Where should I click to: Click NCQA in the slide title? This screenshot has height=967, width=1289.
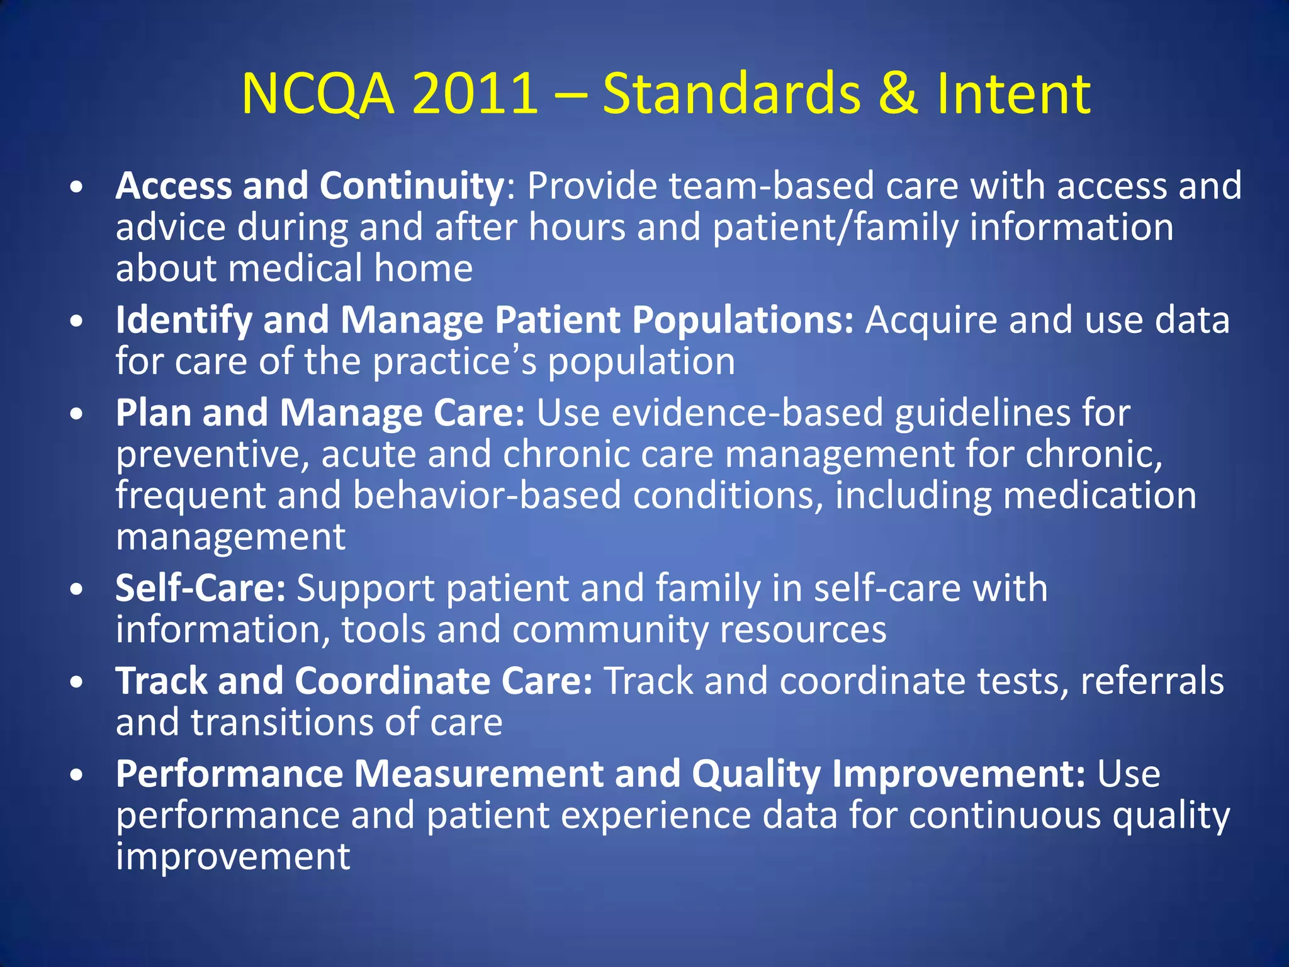tap(318, 94)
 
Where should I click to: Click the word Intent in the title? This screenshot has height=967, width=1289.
tap(1013, 94)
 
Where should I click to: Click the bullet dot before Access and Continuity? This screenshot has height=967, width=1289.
tap(77, 188)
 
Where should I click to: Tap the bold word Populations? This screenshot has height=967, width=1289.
tap(743, 320)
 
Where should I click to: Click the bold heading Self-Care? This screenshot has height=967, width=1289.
tap(201, 589)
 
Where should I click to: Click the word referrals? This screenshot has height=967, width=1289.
tap(1152, 681)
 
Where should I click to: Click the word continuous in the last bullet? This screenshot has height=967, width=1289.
tap(1005, 815)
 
